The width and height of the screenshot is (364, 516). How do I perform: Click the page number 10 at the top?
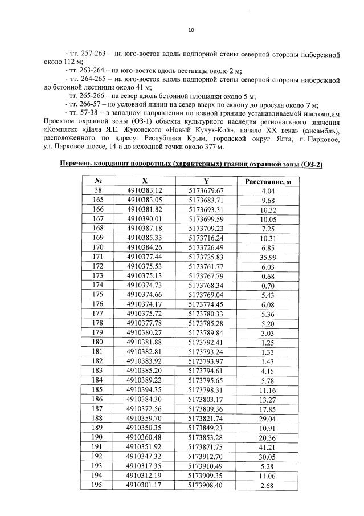(x=191, y=29)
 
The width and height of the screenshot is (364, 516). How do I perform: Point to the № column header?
(x=97, y=181)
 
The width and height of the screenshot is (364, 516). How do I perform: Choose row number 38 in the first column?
(x=97, y=190)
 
